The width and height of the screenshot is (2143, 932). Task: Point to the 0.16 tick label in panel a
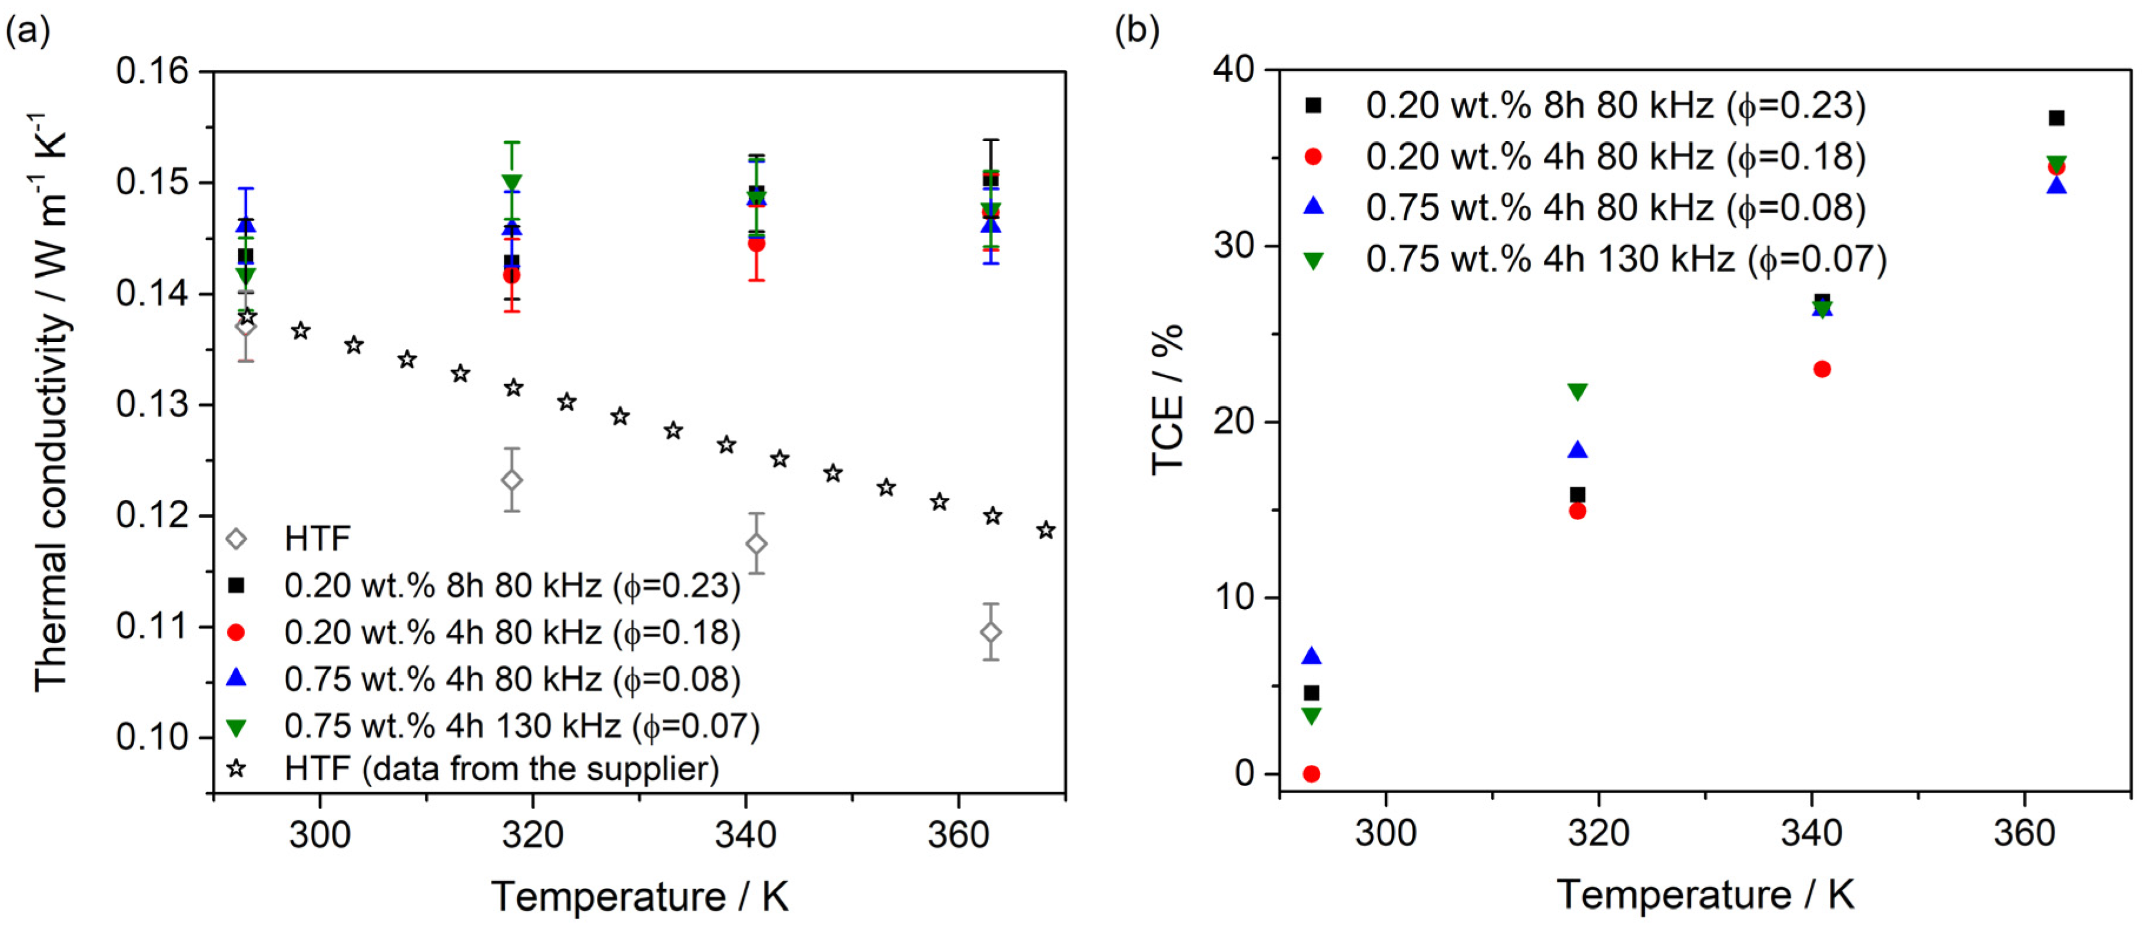[x=152, y=72]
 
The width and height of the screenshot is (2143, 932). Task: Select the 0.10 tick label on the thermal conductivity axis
[x=152, y=737]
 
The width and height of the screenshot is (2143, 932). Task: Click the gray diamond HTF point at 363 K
[x=990, y=633]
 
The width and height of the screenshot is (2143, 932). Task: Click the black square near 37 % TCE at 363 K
[x=2056, y=118]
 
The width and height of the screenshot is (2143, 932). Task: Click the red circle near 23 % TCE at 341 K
[x=1822, y=369]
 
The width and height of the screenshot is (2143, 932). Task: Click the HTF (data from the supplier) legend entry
[x=501, y=769]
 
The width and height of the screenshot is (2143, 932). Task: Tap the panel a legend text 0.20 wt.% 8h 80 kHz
[x=511, y=586]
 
